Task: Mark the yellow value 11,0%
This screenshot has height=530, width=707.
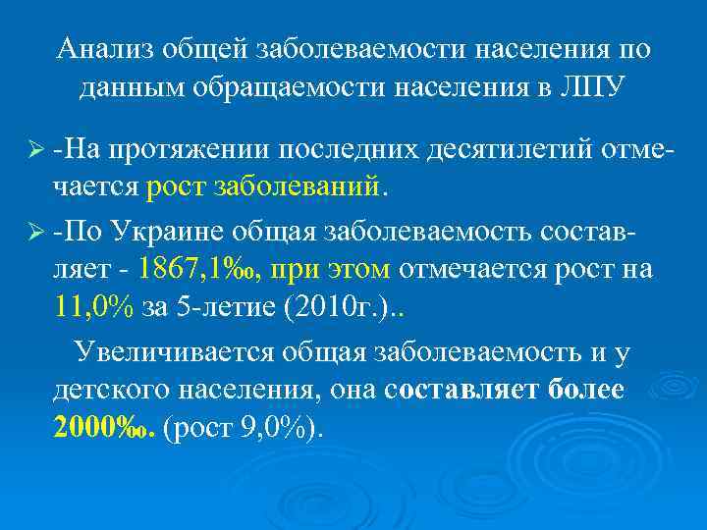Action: pyautogui.click(x=95, y=309)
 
